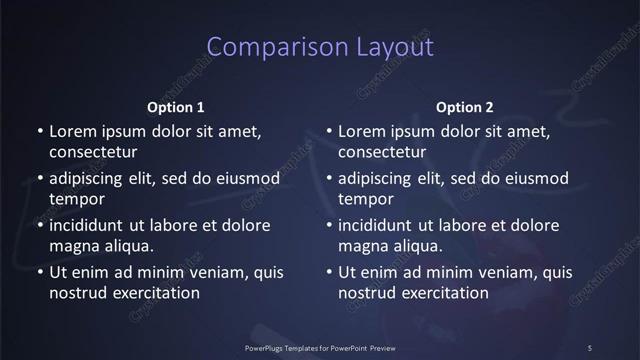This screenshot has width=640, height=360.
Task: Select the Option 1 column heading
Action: tap(176, 107)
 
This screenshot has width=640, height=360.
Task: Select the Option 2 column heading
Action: tap(465, 107)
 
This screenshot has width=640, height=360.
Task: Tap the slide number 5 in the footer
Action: tap(589, 347)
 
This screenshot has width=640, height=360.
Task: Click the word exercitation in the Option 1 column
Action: tap(154, 293)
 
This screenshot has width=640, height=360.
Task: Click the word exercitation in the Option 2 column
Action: tap(444, 293)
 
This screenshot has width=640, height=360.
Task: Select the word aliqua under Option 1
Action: tap(128, 246)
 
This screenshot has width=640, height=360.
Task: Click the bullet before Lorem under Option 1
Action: tap(39, 132)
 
